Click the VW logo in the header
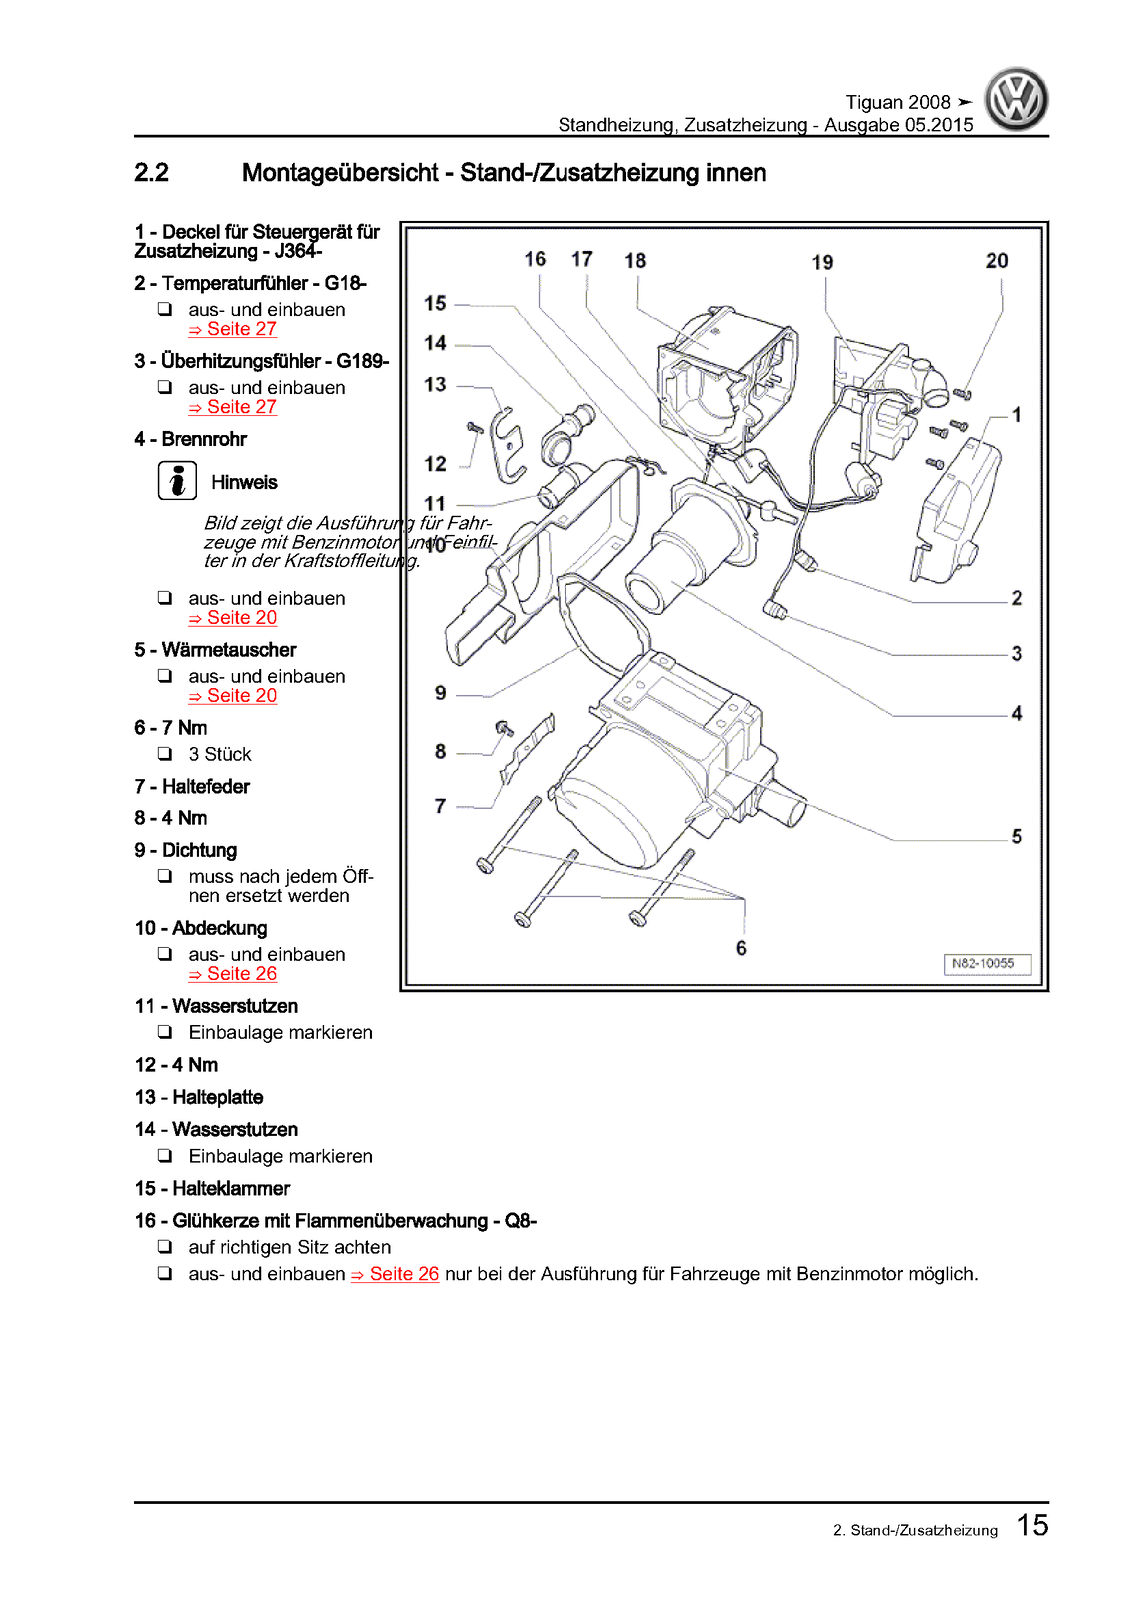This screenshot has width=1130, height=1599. pyautogui.click(x=1016, y=100)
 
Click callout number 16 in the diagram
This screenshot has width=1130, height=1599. pyautogui.click(x=535, y=259)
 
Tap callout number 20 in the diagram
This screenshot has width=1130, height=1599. pyautogui.click(x=997, y=261)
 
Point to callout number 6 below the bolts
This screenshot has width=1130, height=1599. pyautogui.click(x=741, y=948)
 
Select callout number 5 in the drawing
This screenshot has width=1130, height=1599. pyautogui.click(x=1017, y=836)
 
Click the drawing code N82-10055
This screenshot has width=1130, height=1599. pyautogui.click(x=984, y=964)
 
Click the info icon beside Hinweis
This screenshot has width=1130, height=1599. pyautogui.click(x=177, y=481)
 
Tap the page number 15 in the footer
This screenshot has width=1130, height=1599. pyautogui.click(x=1033, y=1525)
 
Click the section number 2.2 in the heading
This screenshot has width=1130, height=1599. pyautogui.click(x=152, y=173)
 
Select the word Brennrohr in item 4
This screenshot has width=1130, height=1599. pyautogui.click(x=204, y=439)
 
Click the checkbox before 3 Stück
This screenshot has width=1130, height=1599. pyautogui.click(x=165, y=754)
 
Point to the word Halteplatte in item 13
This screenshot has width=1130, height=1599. pyautogui.click(x=217, y=1097)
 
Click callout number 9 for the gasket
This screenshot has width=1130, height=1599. pyautogui.click(x=441, y=693)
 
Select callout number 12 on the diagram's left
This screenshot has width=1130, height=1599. pyautogui.click(x=435, y=464)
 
